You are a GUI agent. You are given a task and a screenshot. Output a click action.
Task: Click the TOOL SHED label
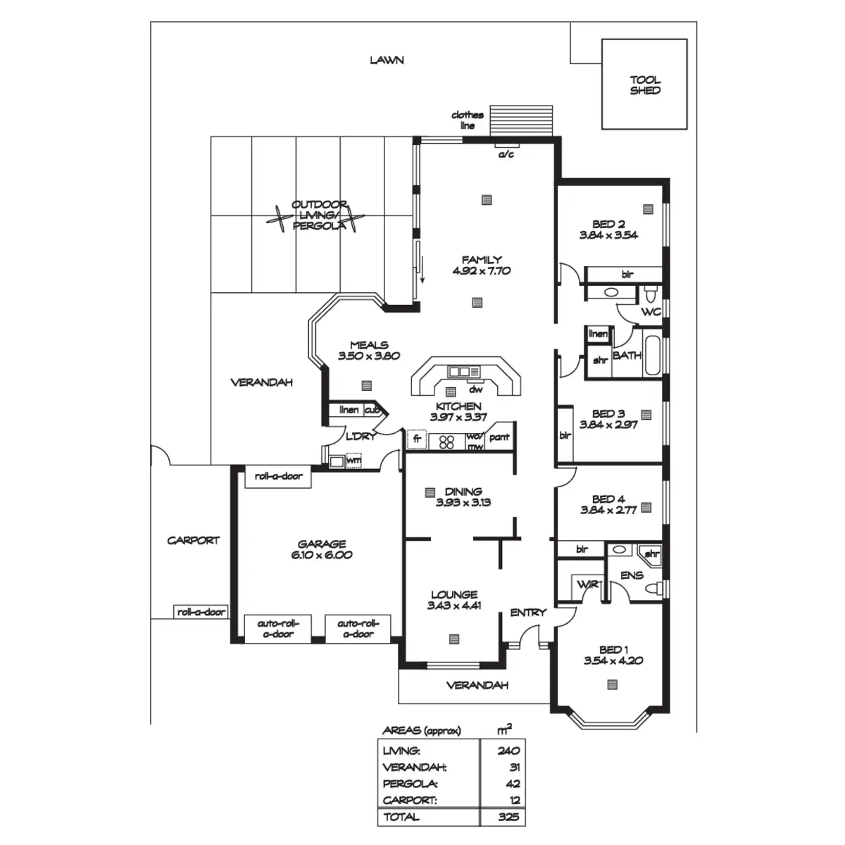(644, 85)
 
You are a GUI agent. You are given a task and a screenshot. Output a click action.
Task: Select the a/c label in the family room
(506, 154)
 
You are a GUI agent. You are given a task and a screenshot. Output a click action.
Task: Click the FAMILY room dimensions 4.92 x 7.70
(482, 270)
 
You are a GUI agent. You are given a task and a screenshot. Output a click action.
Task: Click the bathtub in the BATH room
(653, 356)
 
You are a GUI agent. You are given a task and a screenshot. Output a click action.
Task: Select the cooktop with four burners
(446, 442)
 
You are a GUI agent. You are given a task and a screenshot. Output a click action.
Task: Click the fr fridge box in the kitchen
(417, 440)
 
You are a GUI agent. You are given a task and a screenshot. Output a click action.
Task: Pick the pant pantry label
(499, 437)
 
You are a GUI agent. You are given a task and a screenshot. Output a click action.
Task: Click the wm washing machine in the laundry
(353, 461)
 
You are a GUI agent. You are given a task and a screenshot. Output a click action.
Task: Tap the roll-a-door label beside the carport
(201, 612)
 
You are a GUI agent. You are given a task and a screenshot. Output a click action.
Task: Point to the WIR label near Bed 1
(586, 584)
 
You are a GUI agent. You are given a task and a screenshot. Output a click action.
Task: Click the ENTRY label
(528, 613)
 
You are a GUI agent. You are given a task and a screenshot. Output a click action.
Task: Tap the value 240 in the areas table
(508, 751)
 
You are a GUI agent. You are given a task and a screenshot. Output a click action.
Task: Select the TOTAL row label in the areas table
(401, 817)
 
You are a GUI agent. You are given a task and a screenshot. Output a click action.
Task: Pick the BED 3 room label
(608, 414)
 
